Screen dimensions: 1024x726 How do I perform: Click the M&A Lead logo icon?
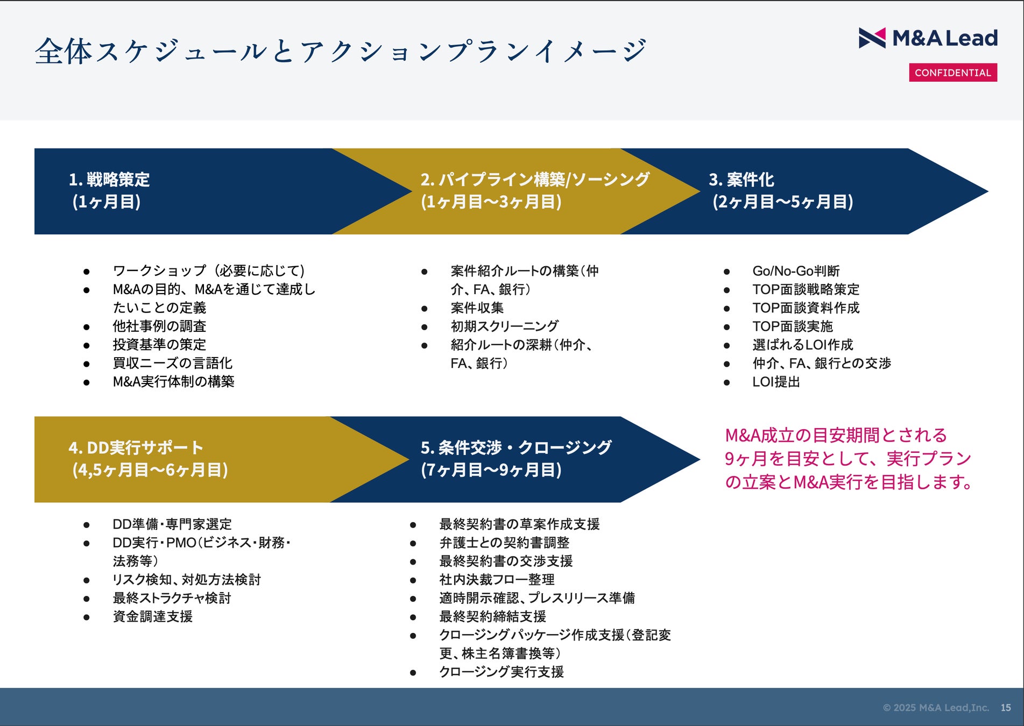click(872, 38)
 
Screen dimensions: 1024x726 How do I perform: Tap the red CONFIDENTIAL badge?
click(952, 73)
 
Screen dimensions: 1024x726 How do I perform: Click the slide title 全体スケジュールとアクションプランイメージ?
click(341, 52)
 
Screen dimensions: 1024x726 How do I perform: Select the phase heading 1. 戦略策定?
click(109, 180)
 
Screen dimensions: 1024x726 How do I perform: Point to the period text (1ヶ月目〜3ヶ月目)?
click(491, 202)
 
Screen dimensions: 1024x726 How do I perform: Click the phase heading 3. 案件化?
click(741, 180)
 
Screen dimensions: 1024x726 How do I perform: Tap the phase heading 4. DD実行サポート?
click(136, 447)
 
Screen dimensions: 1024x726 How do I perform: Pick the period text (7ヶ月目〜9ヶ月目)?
click(491, 470)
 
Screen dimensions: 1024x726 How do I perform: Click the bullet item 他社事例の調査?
click(159, 326)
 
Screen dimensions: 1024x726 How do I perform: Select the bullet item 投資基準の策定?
click(159, 345)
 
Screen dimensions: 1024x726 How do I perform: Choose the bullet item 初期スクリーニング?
click(504, 326)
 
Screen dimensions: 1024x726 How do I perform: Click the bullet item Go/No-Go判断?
click(795, 271)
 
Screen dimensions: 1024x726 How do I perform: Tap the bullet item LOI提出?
click(776, 382)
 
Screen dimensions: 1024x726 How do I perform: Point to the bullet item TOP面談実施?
click(792, 326)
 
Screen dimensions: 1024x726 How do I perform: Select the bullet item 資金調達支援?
click(152, 616)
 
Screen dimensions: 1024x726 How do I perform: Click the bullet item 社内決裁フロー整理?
click(497, 580)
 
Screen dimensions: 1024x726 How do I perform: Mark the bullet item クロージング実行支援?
click(501, 672)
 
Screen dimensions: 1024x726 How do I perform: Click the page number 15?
click(1006, 708)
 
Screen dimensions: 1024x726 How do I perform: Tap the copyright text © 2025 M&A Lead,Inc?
click(936, 708)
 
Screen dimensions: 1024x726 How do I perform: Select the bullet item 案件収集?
click(477, 308)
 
